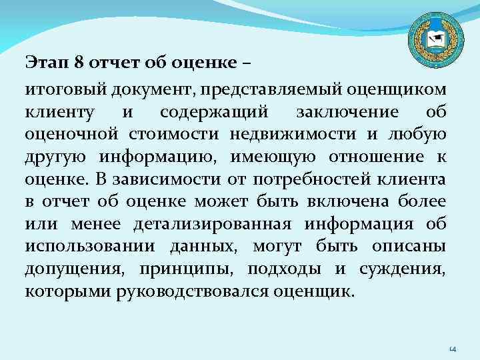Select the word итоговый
(61, 89)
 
